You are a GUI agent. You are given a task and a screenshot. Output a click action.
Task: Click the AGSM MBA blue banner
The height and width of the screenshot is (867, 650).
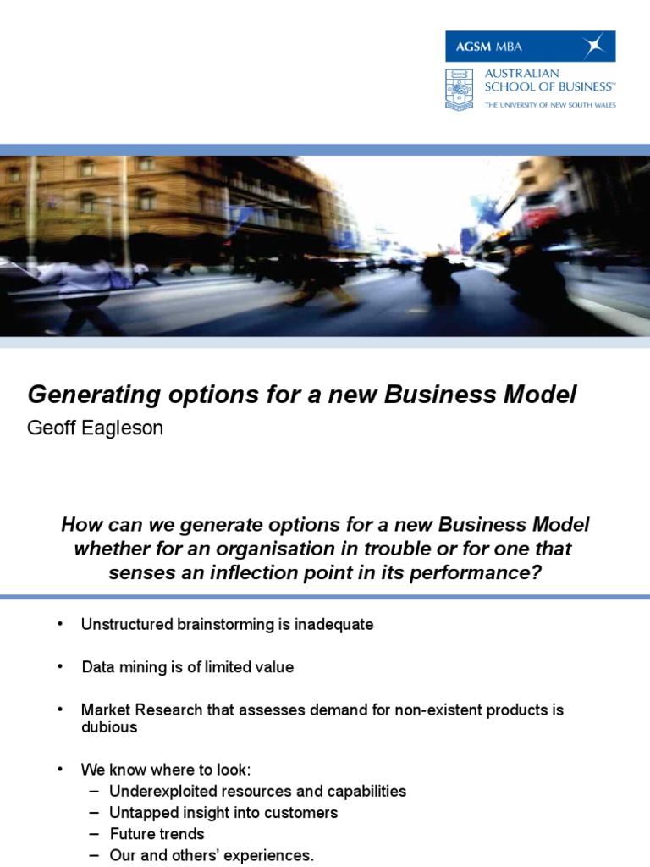tap(530, 46)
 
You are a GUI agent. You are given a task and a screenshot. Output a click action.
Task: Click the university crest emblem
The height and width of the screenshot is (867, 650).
tap(460, 89)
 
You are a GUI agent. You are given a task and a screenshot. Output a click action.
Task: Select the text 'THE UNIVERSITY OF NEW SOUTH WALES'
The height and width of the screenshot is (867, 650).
tap(550, 106)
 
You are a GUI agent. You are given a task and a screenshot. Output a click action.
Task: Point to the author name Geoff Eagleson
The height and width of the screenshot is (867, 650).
tap(96, 428)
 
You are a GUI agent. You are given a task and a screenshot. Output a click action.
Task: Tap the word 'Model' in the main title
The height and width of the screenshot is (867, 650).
tap(543, 394)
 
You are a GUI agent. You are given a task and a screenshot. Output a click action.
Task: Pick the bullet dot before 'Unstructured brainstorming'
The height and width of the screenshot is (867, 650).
tap(60, 624)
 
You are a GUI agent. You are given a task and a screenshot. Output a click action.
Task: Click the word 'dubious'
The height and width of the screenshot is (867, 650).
tap(109, 727)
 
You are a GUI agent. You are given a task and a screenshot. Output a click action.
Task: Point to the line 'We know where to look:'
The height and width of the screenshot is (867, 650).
tap(166, 770)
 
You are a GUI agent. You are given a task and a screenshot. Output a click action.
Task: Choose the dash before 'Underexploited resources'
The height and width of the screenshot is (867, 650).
tap(93, 792)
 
